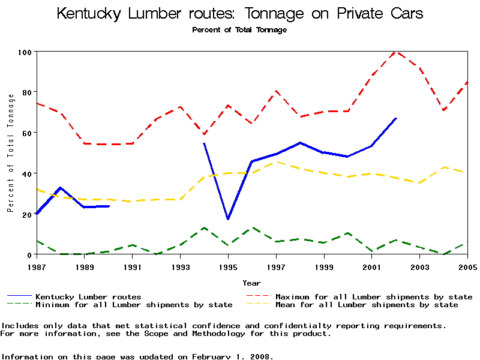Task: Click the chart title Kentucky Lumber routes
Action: tap(240, 14)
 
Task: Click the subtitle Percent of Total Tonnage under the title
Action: tap(239, 30)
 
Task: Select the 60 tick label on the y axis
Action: tap(26, 133)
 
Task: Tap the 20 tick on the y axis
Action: tap(26, 214)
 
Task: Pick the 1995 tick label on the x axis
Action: tap(228, 266)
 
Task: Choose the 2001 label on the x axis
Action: tap(372, 266)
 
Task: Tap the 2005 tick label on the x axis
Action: tap(467, 266)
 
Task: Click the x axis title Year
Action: tap(251, 283)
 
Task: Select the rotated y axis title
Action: tap(10, 153)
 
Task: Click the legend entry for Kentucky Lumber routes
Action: tap(88, 296)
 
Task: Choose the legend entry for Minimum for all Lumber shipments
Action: tap(133, 305)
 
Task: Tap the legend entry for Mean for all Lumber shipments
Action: tap(366, 305)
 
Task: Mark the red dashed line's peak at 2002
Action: tap(396, 52)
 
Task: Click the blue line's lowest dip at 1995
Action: tap(228, 219)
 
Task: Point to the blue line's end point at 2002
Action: tap(396, 118)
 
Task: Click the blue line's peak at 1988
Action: tap(60, 188)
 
